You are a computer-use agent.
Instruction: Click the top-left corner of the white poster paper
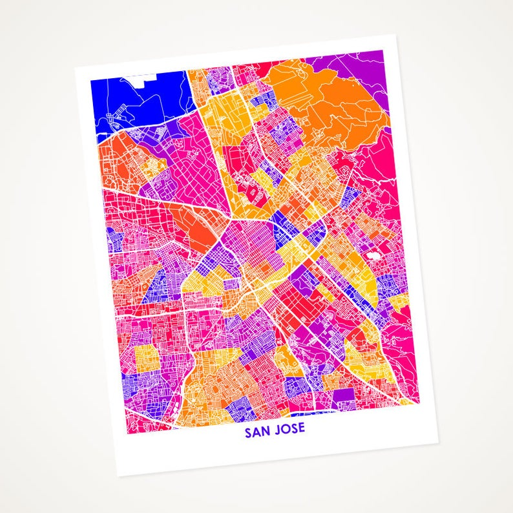coord(75,67)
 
